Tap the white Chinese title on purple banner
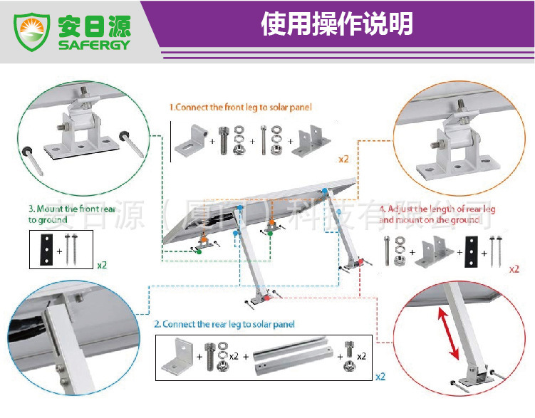[x=336, y=24]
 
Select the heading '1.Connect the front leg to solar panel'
[x=240, y=108]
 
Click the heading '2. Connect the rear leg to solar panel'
[x=224, y=324]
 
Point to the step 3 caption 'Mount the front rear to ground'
[x=72, y=214]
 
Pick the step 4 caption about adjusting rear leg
[x=437, y=214]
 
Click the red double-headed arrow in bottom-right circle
[x=448, y=334]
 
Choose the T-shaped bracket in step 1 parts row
[x=311, y=141]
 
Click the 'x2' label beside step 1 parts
[x=343, y=159]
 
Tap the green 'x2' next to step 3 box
[x=102, y=265]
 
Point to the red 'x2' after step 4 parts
[x=514, y=269]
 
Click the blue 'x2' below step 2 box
[x=380, y=376]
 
